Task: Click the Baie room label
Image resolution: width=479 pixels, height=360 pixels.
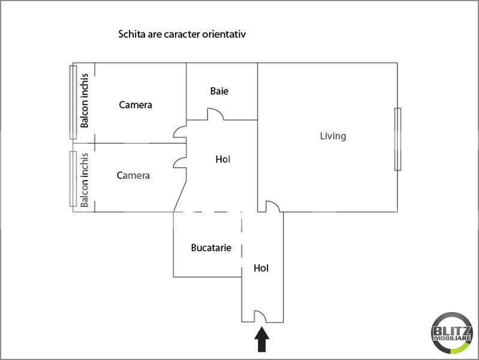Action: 219,91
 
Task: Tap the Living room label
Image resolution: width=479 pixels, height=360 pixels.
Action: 333,136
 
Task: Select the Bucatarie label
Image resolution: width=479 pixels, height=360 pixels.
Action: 211,247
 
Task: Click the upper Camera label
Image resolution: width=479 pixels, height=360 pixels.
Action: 135,105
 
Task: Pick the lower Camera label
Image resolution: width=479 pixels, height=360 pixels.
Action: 133,176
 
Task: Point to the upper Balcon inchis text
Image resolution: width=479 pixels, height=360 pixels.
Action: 85,100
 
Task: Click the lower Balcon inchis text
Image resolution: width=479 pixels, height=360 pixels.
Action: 85,180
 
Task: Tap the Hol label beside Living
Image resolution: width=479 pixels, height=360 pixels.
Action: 222,159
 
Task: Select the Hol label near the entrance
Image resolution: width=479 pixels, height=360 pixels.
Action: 261,268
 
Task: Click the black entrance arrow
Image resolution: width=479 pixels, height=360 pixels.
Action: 262,340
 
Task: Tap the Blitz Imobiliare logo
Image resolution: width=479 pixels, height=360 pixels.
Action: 452,333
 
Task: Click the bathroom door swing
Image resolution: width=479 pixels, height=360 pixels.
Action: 215,114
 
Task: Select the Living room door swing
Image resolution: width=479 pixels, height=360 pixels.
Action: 273,206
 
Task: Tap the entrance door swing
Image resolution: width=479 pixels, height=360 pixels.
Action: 260,316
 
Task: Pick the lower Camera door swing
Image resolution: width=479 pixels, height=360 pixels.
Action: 180,163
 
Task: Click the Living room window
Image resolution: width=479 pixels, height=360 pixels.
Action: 397,139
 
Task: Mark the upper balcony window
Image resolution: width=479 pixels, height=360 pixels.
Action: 73,102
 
